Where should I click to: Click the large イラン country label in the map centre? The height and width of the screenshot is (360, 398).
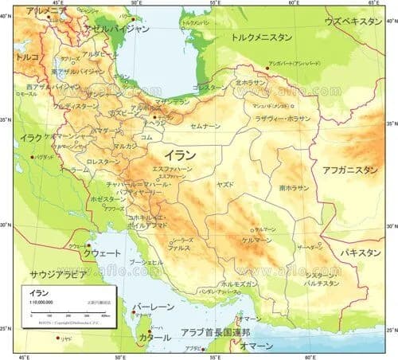181,154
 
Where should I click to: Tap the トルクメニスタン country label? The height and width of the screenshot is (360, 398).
260,37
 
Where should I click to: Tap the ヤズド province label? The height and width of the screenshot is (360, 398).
224,184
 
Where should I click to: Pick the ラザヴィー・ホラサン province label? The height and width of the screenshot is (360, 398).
283,118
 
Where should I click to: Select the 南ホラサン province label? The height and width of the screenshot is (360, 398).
294,188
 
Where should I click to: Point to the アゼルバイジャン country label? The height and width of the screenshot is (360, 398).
120,28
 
